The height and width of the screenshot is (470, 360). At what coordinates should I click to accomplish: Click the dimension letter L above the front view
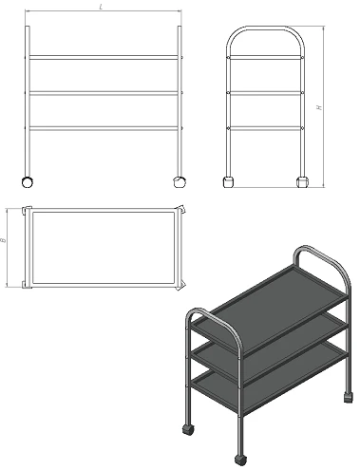pyautogui.click(x=101, y=7)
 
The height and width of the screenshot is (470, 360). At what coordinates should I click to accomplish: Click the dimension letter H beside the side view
pyautogui.click(x=319, y=107)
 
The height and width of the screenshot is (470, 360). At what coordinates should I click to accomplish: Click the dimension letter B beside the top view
pyautogui.click(x=3, y=240)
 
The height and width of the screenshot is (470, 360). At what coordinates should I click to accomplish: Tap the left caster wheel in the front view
pyautogui.click(x=28, y=182)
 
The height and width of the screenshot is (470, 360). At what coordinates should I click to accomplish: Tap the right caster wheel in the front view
pyautogui.click(x=180, y=182)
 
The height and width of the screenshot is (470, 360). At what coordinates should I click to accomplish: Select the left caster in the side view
pyautogui.click(x=229, y=182)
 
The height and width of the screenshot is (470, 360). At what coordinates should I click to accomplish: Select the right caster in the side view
pyautogui.click(x=302, y=182)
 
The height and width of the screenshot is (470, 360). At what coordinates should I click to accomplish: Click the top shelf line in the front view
pyautogui.click(x=104, y=58)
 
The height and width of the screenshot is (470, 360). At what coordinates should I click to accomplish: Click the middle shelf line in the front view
pyautogui.click(x=104, y=93)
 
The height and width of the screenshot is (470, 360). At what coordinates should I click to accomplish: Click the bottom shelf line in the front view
pyautogui.click(x=104, y=128)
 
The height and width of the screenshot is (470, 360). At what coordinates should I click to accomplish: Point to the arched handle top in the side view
pyautogui.click(x=266, y=28)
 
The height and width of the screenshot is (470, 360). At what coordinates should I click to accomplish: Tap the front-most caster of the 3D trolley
pyautogui.click(x=241, y=460)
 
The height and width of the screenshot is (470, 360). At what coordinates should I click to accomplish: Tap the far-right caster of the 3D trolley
pyautogui.click(x=349, y=397)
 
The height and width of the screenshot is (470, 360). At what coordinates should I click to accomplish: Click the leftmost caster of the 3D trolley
pyautogui.click(x=188, y=429)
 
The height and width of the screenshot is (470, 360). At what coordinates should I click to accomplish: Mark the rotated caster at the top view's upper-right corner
pyautogui.click(x=181, y=210)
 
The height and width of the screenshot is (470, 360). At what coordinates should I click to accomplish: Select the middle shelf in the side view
pyautogui.click(x=266, y=93)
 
